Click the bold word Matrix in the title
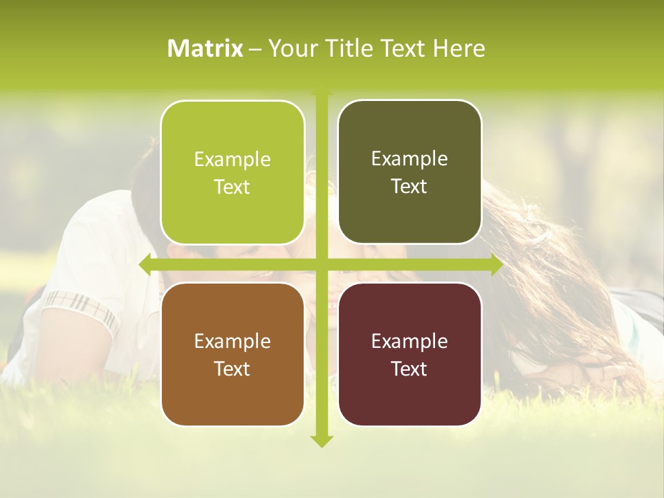(205, 48)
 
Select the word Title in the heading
(350, 48)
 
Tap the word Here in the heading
(459, 48)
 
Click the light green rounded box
(232, 172)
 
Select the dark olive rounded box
(409, 172)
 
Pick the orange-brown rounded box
(232, 354)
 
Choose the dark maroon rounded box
(409, 354)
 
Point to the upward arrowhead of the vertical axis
(321, 93)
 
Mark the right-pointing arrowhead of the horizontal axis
(496, 265)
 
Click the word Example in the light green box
(232, 160)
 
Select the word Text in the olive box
(409, 187)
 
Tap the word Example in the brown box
(232, 342)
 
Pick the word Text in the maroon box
(409, 369)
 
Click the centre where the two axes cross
(321, 265)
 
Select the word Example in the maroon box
(409, 342)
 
